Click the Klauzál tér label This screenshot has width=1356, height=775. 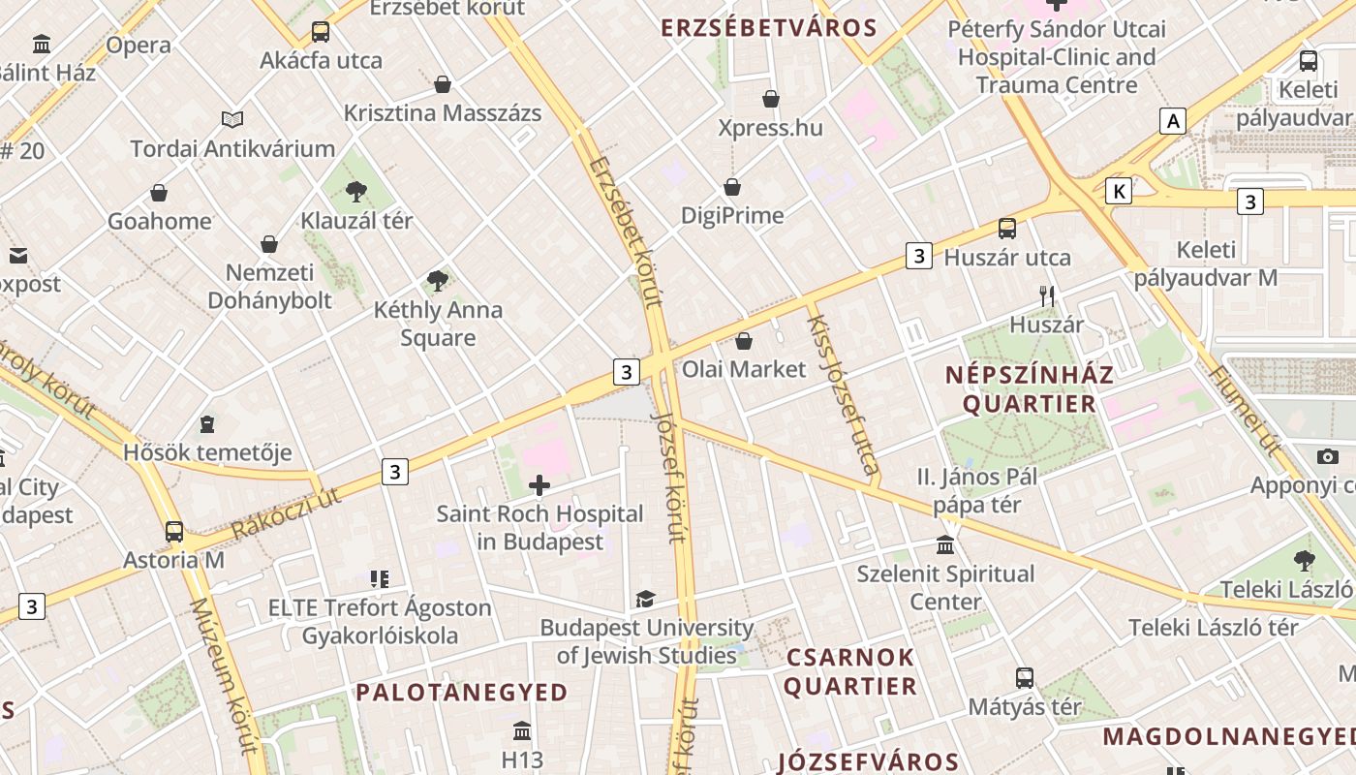click(x=356, y=221)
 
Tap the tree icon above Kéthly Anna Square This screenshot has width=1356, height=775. click(x=438, y=281)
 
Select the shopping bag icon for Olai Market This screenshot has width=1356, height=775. click(x=744, y=341)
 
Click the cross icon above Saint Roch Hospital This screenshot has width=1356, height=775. click(x=539, y=485)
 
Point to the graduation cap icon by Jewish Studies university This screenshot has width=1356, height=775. click(x=645, y=600)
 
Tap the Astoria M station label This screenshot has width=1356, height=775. click(x=173, y=560)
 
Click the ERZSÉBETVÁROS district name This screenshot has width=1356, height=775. click(x=768, y=28)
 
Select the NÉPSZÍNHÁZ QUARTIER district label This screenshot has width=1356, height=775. click(x=1030, y=388)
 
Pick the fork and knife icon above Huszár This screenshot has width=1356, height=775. click(x=1047, y=296)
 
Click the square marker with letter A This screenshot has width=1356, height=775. click(x=1173, y=121)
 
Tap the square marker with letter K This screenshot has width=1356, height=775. click(x=1119, y=191)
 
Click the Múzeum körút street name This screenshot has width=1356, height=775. click(x=225, y=675)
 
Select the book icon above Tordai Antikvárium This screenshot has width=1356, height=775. click(x=232, y=120)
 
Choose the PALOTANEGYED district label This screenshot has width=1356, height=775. click(x=461, y=693)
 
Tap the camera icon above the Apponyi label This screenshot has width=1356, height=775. click(x=1328, y=457)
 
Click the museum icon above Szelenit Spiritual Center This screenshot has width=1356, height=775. click(x=945, y=545)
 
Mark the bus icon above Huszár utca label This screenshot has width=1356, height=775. click(x=1007, y=229)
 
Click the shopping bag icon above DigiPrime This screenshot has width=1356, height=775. click(x=732, y=187)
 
